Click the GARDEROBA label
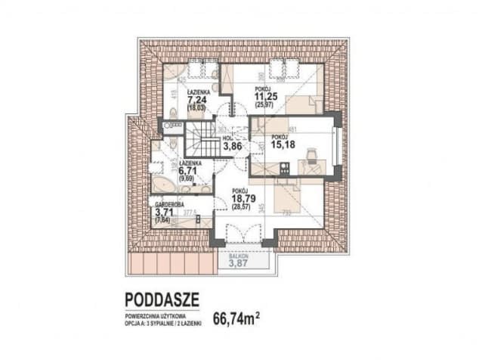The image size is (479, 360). tap(169, 204)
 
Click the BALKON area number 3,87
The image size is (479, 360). tap(240, 263)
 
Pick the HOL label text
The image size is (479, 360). tap(227, 138)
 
